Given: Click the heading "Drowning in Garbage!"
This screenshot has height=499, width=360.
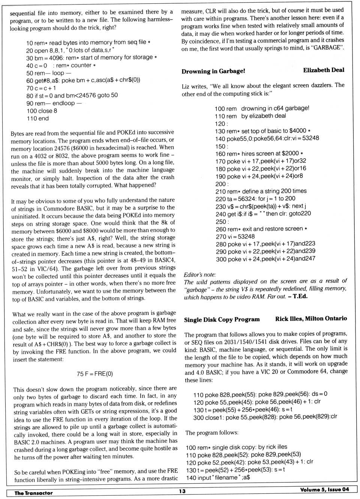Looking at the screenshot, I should point(213,71).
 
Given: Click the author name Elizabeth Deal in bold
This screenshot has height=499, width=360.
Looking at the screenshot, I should point(323,70).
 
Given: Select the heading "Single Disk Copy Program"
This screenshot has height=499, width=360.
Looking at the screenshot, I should point(222,319).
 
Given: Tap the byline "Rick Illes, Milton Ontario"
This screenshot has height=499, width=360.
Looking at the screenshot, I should point(311,319).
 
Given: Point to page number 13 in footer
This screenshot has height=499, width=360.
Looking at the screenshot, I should point(182,491).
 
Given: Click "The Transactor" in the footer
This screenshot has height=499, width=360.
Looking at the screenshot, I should point(33,493).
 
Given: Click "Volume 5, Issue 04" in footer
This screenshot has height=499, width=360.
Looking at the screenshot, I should point(324,490).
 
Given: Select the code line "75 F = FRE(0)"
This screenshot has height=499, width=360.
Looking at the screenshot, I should point(94,374).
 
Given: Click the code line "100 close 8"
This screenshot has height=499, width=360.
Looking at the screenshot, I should point(42,111).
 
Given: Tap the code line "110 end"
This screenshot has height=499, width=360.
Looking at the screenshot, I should point(37,118).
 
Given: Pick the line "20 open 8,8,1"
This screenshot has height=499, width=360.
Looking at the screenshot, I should point(70,50).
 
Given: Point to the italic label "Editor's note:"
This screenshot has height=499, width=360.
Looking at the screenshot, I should point(199,275).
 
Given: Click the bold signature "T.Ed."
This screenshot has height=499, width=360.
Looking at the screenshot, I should point(300,296).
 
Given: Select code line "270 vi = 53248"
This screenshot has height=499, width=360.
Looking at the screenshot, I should point(235,237).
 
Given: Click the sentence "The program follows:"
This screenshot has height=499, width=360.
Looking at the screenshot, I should point(211,433).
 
